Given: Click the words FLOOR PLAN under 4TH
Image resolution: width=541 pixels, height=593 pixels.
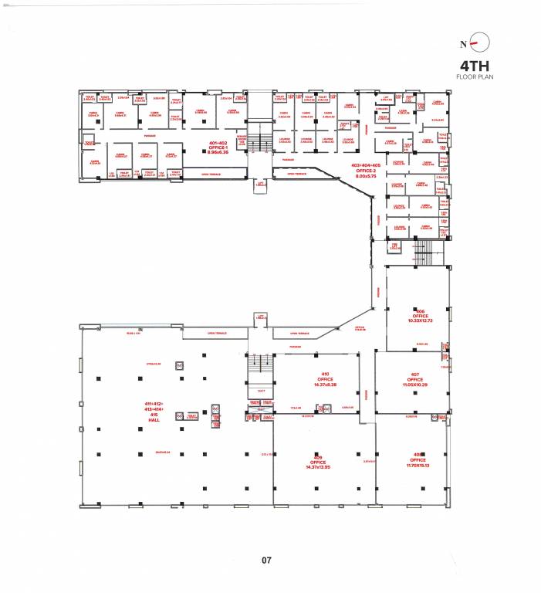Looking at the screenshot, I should (474, 77).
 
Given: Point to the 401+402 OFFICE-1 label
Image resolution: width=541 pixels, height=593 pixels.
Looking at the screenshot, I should (218, 147).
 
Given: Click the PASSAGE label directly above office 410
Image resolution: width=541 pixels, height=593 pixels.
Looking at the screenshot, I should (295, 347).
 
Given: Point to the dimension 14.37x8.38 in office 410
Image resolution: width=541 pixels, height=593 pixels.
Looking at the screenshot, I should (325, 384).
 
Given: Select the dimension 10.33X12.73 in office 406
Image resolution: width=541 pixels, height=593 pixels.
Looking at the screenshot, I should (419, 320).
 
